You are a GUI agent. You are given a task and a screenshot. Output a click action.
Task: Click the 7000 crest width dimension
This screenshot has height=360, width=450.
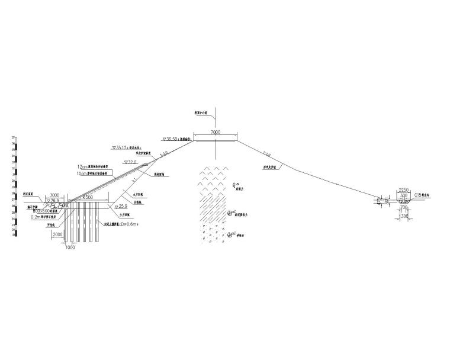point(216,133)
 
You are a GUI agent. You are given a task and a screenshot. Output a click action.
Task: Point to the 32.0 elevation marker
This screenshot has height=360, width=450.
point(130,162)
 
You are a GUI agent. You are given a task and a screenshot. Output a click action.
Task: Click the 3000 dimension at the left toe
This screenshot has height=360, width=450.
point(54,195)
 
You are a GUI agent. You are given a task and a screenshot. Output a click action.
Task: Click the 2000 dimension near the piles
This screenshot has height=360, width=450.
point(57,234)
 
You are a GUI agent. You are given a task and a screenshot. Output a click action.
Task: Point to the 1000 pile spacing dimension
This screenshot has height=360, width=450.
point(70,247)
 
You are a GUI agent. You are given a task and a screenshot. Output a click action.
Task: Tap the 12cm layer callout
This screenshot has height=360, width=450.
point(97,167)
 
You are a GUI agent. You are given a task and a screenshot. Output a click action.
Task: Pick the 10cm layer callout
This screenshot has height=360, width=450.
point(97,173)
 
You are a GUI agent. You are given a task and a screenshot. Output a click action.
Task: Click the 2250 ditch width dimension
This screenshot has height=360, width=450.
point(404,189)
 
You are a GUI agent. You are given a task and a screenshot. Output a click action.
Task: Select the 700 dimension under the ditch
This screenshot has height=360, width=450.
point(404,208)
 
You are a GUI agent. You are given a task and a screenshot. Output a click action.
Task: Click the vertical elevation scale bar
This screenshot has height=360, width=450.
point(14,187)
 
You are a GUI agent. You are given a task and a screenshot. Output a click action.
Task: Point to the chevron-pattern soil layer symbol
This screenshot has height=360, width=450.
point(213,178)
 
